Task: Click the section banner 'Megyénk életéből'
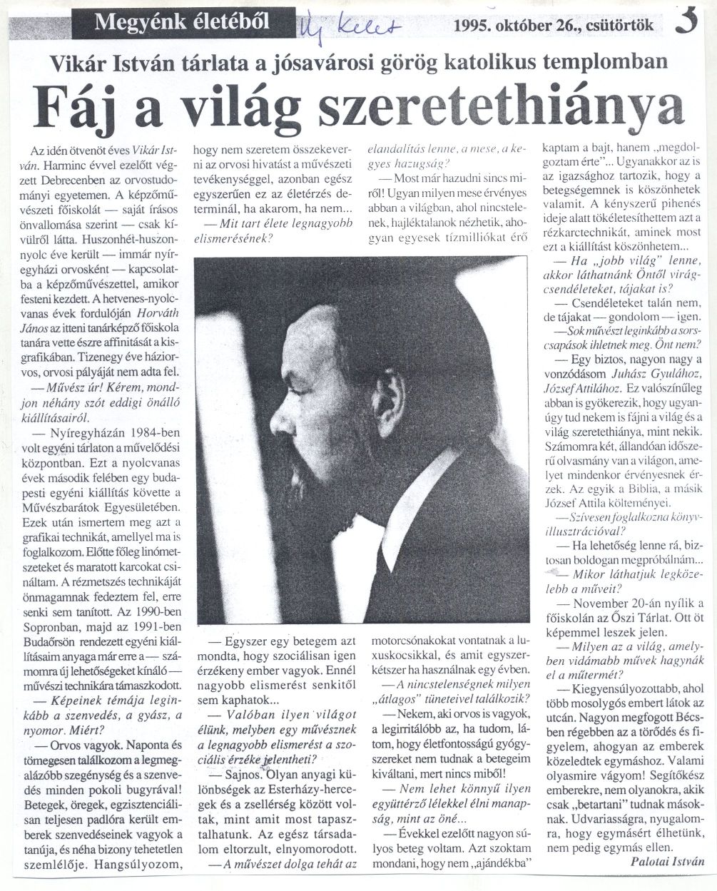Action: coord(182,22)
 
